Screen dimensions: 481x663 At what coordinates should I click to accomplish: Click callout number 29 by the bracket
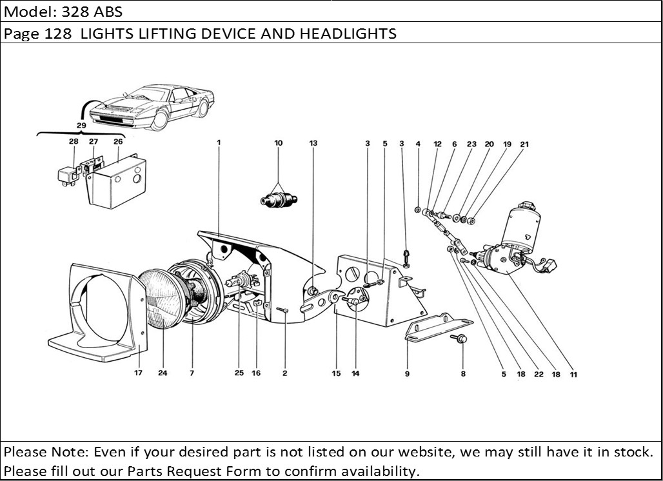81,125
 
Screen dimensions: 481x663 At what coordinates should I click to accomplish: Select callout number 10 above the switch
279,143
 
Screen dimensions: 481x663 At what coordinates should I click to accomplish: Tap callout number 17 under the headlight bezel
138,373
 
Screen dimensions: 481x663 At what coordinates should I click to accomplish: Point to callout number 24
163,373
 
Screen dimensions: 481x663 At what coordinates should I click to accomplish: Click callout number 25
239,373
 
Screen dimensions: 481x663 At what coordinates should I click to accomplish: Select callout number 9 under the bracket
407,373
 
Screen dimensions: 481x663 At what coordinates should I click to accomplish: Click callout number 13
313,143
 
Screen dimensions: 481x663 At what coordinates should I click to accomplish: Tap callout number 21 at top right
524,144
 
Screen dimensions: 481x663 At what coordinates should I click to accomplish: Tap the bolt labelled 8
462,340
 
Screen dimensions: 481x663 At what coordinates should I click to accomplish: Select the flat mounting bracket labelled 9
439,328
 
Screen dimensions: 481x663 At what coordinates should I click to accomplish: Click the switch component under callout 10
279,199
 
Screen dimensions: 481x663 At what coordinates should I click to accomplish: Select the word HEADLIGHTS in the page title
348,33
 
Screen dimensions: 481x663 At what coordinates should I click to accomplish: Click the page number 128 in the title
60,33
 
